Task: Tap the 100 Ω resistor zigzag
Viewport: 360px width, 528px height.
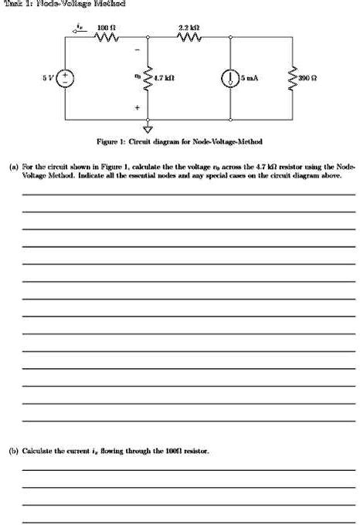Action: click(105, 36)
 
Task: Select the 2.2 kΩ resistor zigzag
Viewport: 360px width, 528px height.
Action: click(188, 36)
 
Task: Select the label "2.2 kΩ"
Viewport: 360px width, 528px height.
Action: click(188, 27)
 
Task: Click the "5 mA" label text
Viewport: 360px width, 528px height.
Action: click(249, 78)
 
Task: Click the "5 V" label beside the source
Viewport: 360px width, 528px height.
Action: click(48, 78)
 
